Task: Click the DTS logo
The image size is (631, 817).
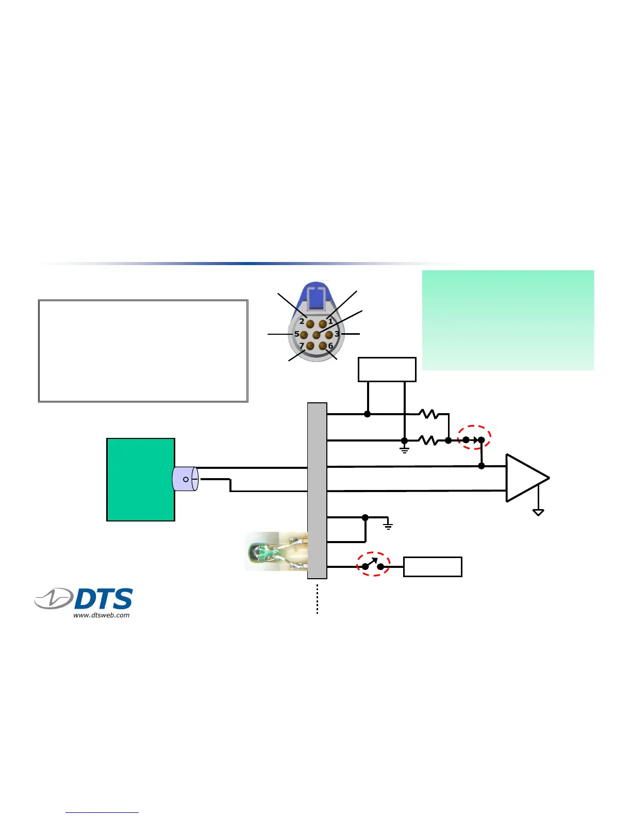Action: [84, 599]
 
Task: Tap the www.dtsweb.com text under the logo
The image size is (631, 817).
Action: [101, 615]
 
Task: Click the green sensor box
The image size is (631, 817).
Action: [140, 479]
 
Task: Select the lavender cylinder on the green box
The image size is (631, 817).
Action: [185, 479]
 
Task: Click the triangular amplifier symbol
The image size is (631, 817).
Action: [525, 478]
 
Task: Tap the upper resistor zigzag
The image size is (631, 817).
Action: [429, 414]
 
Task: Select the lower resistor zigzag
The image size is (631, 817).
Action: [429, 440]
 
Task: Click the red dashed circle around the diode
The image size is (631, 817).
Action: [474, 437]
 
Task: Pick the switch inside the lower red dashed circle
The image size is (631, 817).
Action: [373, 564]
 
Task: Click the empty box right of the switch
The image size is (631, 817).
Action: [433, 567]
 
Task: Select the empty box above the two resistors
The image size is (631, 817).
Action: [387, 369]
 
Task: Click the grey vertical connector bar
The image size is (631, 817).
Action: [317, 490]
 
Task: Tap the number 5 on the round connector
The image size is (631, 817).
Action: [297, 334]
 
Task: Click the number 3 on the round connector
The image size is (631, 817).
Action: [337, 334]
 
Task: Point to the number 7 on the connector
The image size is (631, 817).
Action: [302, 346]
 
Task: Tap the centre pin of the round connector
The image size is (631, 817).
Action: [317, 335]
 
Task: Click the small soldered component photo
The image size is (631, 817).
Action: [276, 551]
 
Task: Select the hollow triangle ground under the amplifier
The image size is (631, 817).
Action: [538, 512]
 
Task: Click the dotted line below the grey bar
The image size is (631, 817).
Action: [317, 598]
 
